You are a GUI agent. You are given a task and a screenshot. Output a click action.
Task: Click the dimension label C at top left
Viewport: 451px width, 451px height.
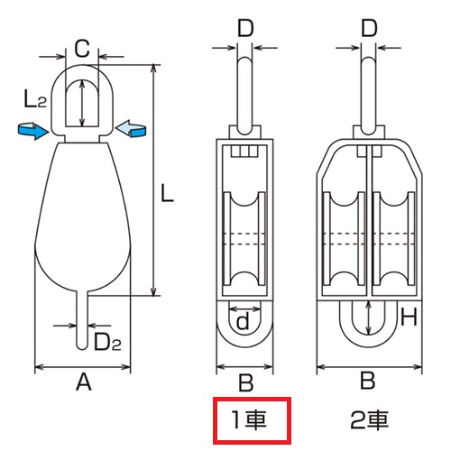coord(81,47)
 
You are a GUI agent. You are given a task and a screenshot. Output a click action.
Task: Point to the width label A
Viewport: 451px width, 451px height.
coord(83,383)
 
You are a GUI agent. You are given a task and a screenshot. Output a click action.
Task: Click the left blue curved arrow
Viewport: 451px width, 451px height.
coord(32,133)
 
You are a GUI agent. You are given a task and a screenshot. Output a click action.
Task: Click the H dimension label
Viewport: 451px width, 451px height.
coord(409,317)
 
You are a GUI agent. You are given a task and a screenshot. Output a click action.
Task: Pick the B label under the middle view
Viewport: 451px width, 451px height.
coord(245,382)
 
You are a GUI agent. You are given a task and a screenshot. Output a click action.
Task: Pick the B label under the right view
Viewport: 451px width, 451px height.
coord(367,382)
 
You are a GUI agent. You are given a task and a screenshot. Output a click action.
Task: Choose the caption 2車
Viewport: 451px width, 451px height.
coord(369,419)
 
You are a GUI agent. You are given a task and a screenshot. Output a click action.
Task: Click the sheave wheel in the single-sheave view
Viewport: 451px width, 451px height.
coord(245,236)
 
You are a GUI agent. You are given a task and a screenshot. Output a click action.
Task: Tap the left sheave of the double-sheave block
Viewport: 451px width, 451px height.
coord(344,236)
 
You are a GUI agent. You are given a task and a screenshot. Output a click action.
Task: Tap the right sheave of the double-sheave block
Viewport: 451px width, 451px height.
coord(392,236)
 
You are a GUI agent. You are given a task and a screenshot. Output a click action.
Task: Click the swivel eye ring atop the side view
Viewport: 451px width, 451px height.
coord(82,95)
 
